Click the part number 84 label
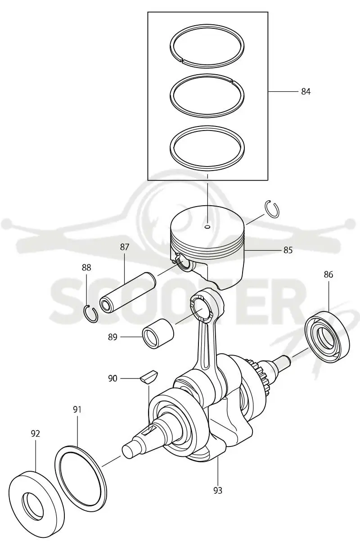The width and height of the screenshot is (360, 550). (x=306, y=91)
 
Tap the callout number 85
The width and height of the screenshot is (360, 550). (x=288, y=250)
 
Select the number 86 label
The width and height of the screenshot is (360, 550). (x=328, y=274)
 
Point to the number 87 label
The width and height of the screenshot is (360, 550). (x=125, y=247)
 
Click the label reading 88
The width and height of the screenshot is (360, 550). (x=86, y=267)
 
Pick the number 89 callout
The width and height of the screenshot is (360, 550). (x=112, y=337)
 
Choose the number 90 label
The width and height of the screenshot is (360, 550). (x=112, y=379)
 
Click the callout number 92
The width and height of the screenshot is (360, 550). (x=36, y=433)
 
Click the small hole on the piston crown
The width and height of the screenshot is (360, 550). (x=207, y=227)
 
